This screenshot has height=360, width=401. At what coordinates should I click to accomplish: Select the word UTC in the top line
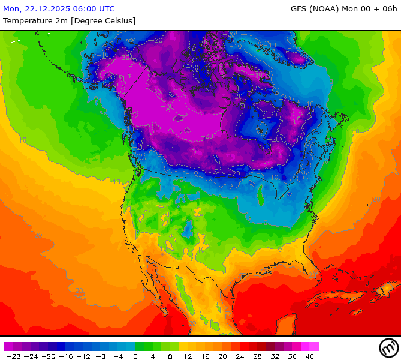105,9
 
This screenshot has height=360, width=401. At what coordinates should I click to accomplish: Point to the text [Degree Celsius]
103,21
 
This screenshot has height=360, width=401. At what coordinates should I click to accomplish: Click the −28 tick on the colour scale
13,356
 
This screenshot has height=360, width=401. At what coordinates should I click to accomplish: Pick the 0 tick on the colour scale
135,356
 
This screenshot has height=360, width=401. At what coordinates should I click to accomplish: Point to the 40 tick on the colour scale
310,356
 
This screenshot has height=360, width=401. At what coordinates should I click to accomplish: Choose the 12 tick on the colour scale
188,356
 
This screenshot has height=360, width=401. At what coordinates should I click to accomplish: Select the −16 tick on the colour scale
66,356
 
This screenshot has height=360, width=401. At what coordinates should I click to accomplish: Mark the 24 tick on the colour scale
240,356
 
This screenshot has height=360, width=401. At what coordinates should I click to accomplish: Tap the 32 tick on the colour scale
275,356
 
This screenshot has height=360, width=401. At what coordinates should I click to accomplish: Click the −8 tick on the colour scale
101,356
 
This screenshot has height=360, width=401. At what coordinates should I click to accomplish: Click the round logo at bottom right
388,347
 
